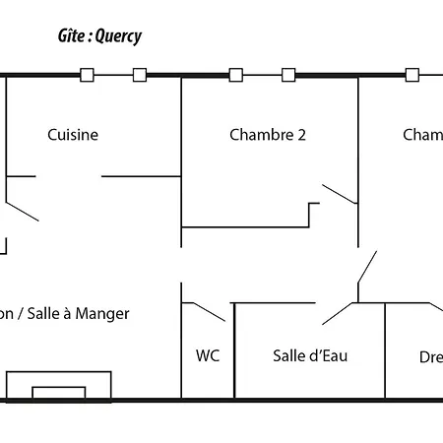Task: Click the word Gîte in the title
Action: pyautogui.click(x=73, y=36)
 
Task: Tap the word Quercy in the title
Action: pyautogui.click(x=119, y=37)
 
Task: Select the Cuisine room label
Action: pyautogui.click(x=73, y=135)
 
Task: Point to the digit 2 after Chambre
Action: pyautogui.click(x=301, y=135)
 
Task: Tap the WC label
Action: pyautogui.click(x=208, y=355)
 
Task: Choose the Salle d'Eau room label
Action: pyautogui.click(x=310, y=355)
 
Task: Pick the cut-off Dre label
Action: pyautogui.click(x=430, y=356)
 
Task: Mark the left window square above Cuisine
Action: pyautogui.click(x=87, y=75)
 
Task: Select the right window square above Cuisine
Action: pyautogui.click(x=140, y=75)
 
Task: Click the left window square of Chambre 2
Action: pyautogui.click(x=235, y=75)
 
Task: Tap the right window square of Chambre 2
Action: pyautogui.click(x=288, y=75)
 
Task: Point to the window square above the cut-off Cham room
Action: pyautogui.click(x=411, y=75)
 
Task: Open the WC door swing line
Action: pyautogui.click(x=207, y=312)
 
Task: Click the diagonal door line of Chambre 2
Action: pyautogui.click(x=340, y=194)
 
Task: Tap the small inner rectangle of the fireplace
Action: pyautogui.click(x=58, y=392)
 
